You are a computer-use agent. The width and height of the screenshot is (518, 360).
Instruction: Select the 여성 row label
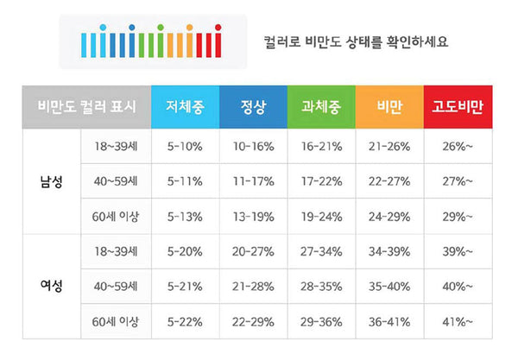[49, 284]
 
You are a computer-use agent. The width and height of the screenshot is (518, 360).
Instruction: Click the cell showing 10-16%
[252, 146]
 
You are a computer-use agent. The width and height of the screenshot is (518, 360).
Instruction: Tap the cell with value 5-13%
[184, 215]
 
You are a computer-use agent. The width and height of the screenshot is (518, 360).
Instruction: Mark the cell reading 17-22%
[320, 181]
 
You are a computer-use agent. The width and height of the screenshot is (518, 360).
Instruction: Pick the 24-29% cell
[388, 215]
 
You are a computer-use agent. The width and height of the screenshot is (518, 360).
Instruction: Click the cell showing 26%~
[457, 146]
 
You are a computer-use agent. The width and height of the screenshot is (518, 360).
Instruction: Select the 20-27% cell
[252, 249]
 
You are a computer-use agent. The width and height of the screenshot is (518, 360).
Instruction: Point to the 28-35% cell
[320, 285]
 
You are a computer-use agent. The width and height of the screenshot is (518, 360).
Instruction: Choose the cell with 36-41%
[388, 320]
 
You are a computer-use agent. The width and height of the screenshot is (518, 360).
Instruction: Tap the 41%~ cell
[457, 320]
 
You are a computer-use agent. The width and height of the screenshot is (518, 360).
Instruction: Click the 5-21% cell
[184, 285]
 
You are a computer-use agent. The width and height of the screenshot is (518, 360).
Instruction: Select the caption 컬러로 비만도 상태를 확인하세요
[357, 41]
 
